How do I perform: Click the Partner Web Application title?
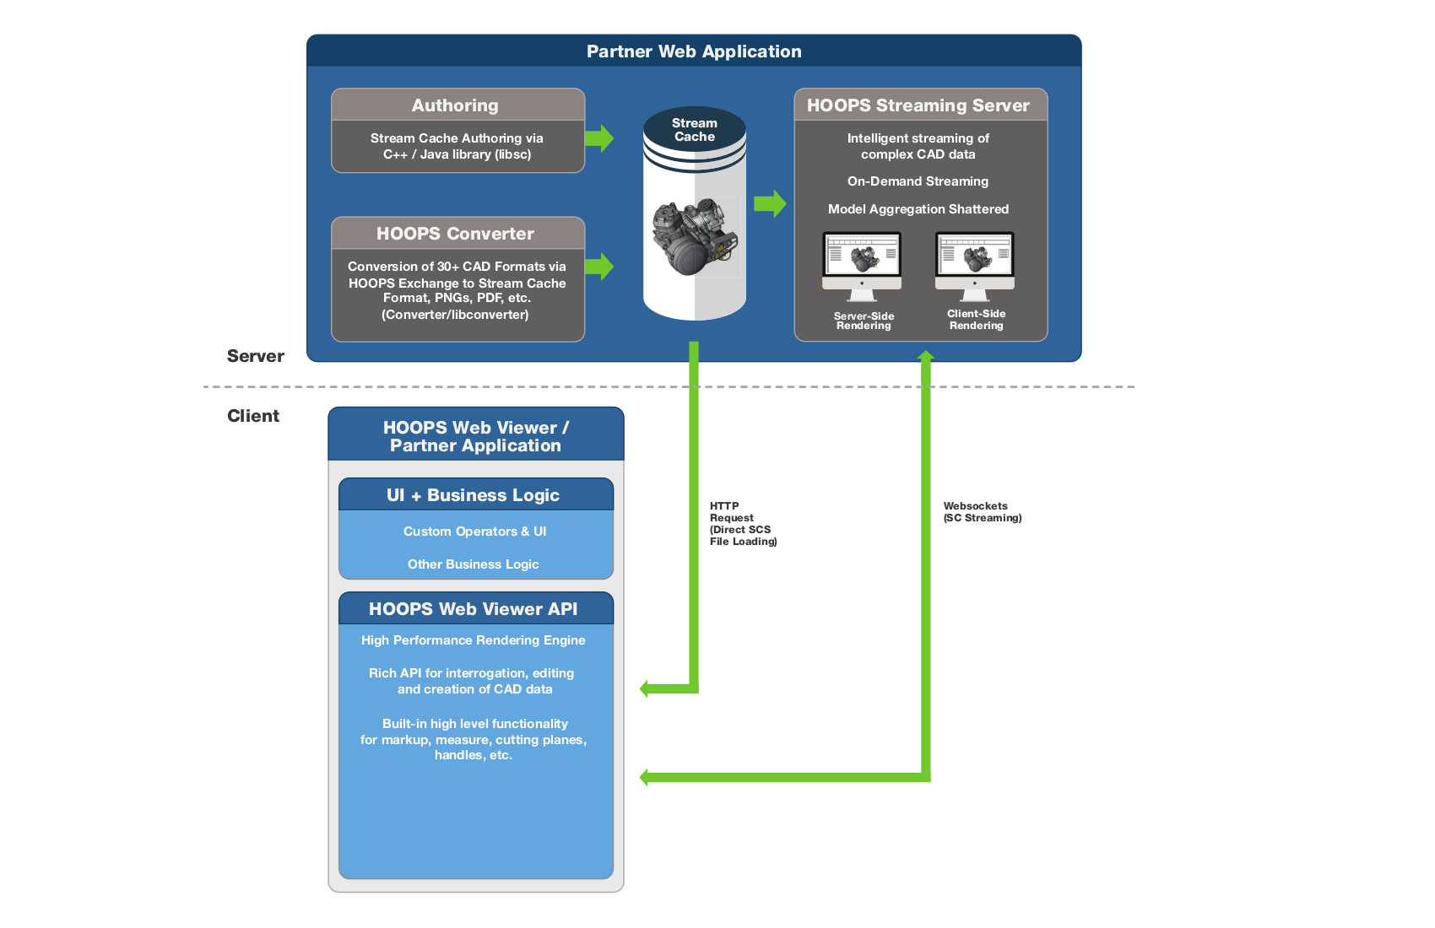694,51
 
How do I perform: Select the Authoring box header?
456,105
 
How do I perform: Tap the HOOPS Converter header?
456,234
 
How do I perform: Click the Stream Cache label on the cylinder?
694,130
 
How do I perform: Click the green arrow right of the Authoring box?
599,138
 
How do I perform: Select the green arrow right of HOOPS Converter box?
599,267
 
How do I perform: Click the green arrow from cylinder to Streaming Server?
769,203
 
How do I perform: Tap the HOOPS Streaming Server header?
918,105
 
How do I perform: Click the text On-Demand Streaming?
918,181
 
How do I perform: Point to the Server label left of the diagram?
255,356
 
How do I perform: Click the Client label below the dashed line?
252,416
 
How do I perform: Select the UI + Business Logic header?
474,495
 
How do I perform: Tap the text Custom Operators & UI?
474,531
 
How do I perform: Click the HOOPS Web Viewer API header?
474,609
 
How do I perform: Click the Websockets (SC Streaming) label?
982,512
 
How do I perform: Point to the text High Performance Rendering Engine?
474,640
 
